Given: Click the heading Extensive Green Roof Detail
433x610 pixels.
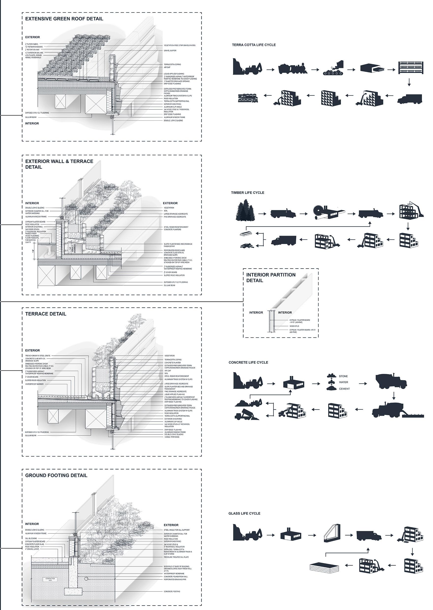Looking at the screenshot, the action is pyautogui.click(x=64, y=19).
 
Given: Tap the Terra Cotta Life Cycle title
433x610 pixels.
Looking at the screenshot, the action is pyautogui.click(x=254, y=45).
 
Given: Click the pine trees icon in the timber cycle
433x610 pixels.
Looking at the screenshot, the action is pyautogui.click(x=245, y=212).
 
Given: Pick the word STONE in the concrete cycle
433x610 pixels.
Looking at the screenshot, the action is pyautogui.click(x=343, y=376).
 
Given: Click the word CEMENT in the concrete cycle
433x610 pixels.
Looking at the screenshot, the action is pyautogui.click(x=344, y=389).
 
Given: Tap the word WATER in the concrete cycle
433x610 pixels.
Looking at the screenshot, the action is pyautogui.click(x=343, y=382).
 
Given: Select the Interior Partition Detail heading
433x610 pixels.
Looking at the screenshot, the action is pyautogui.click(x=271, y=277).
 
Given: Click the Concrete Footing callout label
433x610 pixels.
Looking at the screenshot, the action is pyautogui.click(x=172, y=592).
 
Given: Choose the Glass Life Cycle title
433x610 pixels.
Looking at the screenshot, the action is pyautogui.click(x=244, y=514).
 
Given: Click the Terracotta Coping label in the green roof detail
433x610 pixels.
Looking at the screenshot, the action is pyautogui.click(x=172, y=64).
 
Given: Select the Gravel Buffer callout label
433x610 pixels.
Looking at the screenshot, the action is pyautogui.click(x=170, y=51).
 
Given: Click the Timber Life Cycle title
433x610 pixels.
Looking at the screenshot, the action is pyautogui.click(x=247, y=193).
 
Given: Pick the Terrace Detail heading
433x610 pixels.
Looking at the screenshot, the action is pyautogui.click(x=46, y=314).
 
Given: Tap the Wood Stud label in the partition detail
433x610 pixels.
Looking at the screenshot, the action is pyautogui.click(x=294, y=326).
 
